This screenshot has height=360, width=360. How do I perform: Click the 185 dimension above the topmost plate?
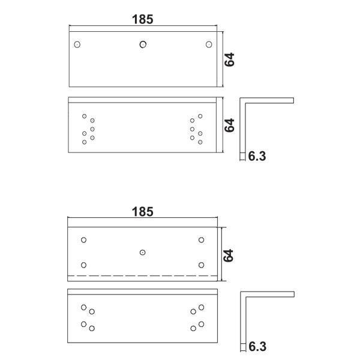(143, 19)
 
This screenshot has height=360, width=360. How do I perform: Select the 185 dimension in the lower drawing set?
(143, 212)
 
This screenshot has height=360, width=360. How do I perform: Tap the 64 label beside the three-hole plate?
(229, 59)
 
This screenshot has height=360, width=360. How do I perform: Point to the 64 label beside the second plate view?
(229, 125)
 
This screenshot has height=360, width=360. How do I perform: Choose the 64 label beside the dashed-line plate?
(229, 256)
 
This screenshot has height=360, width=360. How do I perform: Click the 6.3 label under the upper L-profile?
(257, 157)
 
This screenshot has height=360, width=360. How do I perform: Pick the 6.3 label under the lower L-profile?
(257, 346)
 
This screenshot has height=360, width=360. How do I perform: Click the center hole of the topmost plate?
(143, 44)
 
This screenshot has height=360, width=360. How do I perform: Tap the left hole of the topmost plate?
(77, 44)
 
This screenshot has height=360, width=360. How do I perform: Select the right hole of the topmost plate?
(209, 44)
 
